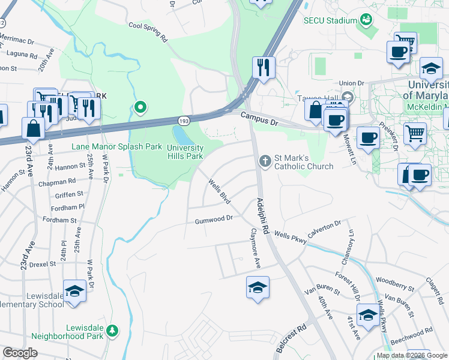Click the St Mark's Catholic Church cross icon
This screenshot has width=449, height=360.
click(x=264, y=160)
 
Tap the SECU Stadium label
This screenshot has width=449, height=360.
click(x=330, y=20)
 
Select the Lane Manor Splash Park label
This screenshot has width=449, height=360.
click(x=116, y=146)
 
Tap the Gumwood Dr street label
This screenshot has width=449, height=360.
click(x=213, y=220)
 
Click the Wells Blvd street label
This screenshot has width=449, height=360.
click(x=219, y=190)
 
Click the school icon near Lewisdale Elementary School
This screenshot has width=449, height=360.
click(x=74, y=292)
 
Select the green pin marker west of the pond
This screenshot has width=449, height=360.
click(x=140, y=108)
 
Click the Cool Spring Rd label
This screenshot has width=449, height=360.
click(x=148, y=32)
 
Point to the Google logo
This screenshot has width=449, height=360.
click(x=20, y=353)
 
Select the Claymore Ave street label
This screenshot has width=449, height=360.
click(x=256, y=247)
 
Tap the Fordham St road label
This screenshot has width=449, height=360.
click(x=60, y=220)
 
